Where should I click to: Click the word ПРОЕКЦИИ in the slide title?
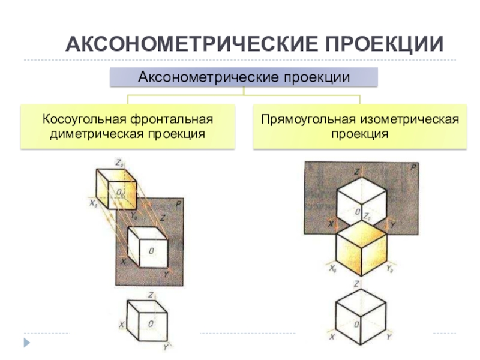tap(385, 44)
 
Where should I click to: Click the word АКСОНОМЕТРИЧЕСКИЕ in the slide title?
tap(192, 44)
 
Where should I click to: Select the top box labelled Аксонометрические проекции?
tap(244, 77)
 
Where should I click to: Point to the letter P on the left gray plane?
tap(178, 205)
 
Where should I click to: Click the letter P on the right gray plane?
tap(413, 169)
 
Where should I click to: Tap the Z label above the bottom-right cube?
tap(357, 283)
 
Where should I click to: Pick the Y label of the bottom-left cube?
tap(165, 347)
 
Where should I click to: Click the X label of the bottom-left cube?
tap(122, 325)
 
